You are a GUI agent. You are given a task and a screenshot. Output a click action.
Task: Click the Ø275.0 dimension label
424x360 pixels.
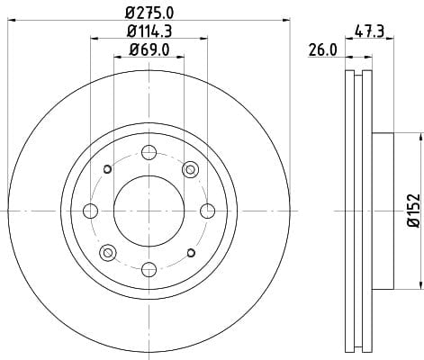(149, 13)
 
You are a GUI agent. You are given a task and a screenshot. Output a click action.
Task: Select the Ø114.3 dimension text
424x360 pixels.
(149, 31)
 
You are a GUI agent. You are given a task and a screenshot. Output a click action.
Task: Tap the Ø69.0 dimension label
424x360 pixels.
(149, 49)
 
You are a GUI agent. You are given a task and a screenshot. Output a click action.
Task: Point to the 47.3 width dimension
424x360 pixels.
(369, 31)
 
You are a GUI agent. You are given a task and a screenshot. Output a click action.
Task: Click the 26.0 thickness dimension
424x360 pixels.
(322, 49)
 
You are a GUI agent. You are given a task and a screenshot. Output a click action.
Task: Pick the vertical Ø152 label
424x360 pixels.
(414, 211)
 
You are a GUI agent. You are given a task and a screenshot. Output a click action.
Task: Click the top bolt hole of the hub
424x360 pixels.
(149, 152)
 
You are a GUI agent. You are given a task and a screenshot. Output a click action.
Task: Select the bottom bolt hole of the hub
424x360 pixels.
(149, 269)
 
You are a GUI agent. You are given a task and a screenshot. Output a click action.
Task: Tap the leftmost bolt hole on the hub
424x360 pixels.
(90, 211)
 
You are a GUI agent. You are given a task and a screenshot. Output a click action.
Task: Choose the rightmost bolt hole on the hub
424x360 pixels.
(207, 211)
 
